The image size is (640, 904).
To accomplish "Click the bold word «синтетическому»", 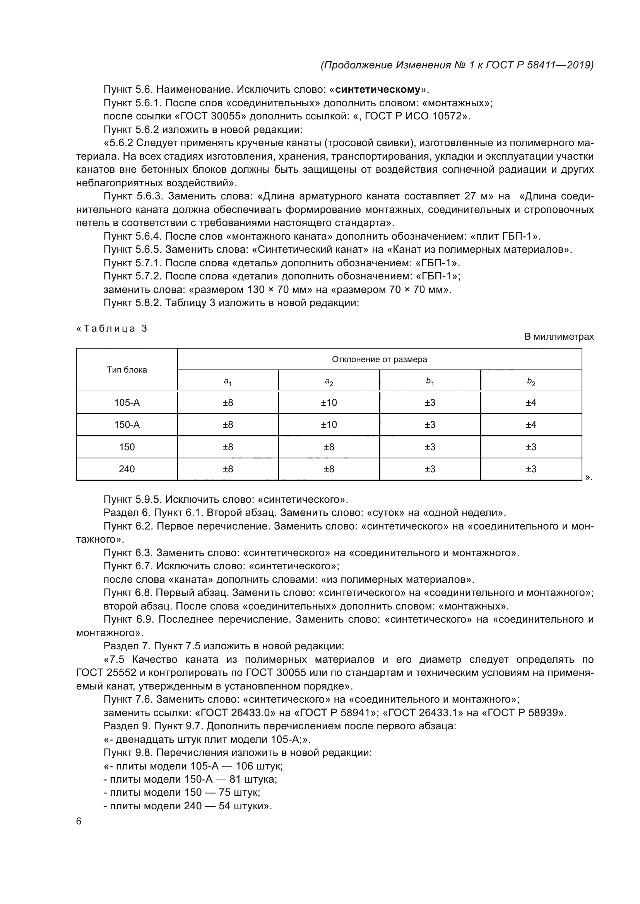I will coord(378,89).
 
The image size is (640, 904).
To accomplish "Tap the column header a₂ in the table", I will coord(329,381).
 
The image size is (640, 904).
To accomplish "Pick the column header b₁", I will coord(430,381).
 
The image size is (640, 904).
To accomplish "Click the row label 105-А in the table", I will coord(127,403).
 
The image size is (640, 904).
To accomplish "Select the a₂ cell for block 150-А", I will coord(329,425).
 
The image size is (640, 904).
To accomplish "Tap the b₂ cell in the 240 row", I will coord(531,469).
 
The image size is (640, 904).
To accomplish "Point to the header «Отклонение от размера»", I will coord(379,359).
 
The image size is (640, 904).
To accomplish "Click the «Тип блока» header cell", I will coord(127,370).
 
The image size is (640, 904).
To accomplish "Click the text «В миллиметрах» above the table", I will coord(559,337).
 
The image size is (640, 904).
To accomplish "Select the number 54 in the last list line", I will coord(224,806).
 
